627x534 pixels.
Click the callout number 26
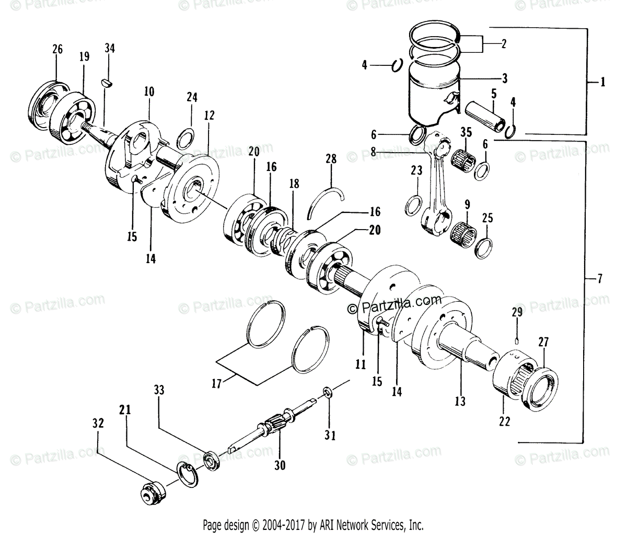point(57,50)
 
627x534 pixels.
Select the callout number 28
point(331,158)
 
